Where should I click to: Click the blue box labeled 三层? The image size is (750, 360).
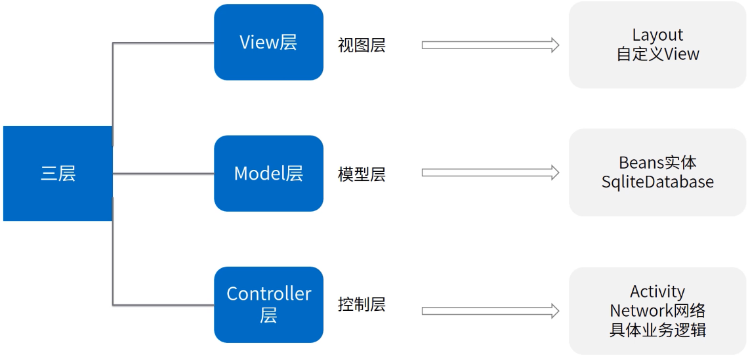click(x=58, y=174)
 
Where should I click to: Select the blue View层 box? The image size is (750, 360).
click(x=268, y=43)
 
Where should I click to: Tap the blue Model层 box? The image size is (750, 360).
click(x=268, y=174)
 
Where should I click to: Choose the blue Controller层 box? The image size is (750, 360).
click(x=268, y=304)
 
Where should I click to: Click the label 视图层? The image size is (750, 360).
click(x=362, y=45)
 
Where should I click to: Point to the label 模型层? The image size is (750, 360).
click(x=362, y=174)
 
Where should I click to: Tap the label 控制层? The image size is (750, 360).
click(x=362, y=304)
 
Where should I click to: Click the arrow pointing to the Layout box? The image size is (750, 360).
click(x=490, y=45)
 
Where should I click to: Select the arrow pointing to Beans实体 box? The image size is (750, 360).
click(x=490, y=172)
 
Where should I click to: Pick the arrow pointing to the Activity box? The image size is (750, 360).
click(x=490, y=311)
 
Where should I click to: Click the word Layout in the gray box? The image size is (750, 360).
click(x=657, y=35)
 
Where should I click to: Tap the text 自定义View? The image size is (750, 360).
click(x=657, y=54)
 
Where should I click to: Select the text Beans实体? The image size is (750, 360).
click(x=657, y=163)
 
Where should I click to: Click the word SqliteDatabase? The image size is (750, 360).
click(x=657, y=182)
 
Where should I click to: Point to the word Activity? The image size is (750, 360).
click(x=657, y=292)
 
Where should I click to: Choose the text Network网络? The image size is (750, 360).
click(x=657, y=310)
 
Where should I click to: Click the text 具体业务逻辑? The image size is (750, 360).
click(x=657, y=329)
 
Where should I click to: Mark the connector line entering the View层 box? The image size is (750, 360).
click(x=164, y=43)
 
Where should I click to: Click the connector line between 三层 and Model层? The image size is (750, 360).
click(x=164, y=174)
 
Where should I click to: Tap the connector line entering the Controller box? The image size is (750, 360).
click(x=164, y=304)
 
